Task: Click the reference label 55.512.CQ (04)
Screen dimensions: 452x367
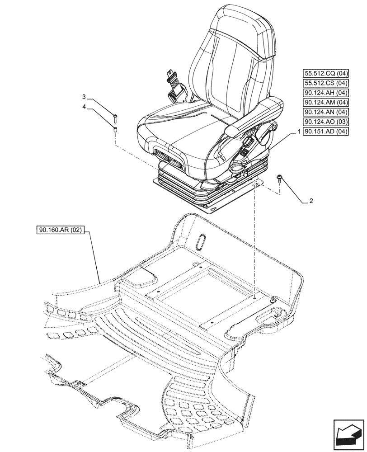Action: [325, 73]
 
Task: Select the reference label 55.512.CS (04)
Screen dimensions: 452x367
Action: [325, 83]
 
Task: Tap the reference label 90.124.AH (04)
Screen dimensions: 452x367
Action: [325, 93]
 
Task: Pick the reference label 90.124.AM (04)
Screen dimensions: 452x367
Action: [325, 103]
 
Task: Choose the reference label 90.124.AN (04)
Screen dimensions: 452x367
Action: [325, 113]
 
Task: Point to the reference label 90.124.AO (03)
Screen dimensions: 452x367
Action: [325, 122]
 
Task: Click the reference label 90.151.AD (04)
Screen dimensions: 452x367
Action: [325, 132]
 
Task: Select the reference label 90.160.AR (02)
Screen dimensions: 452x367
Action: [60, 230]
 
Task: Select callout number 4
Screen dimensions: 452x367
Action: [84, 107]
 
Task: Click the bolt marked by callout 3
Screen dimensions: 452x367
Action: [115, 118]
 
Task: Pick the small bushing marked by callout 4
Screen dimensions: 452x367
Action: [115, 130]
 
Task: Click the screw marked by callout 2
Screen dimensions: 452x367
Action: [279, 179]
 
